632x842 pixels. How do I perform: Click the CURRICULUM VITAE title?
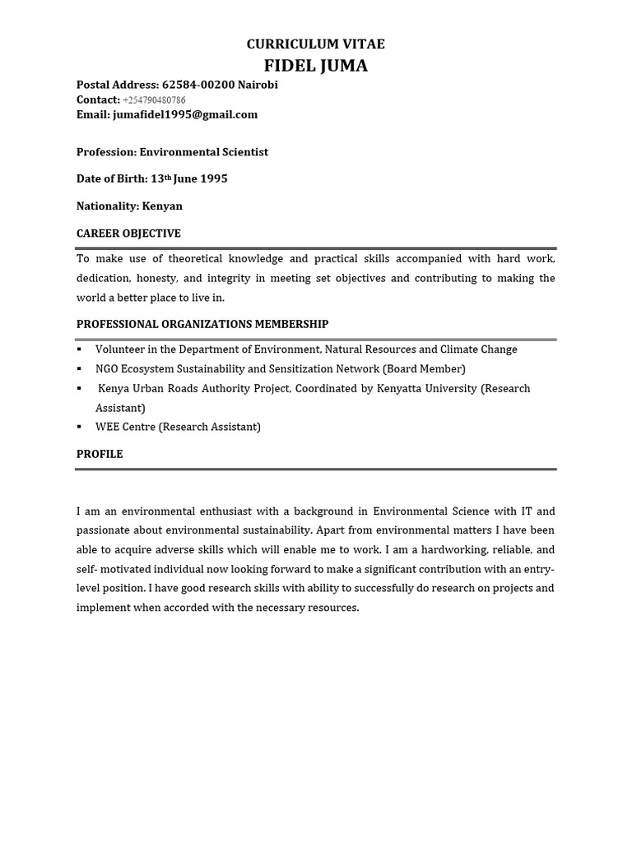click(x=315, y=44)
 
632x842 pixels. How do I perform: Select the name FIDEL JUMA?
click(x=315, y=66)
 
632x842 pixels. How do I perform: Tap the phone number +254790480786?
click(x=154, y=100)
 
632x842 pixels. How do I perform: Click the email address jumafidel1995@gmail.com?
click(x=185, y=114)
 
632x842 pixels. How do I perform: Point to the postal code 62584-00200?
click(x=198, y=85)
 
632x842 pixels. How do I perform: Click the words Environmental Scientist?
click(x=204, y=152)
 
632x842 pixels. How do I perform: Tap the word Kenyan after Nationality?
click(x=162, y=206)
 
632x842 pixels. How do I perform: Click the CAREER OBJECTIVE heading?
click(x=128, y=234)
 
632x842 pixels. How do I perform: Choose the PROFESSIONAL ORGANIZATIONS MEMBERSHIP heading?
click(x=202, y=324)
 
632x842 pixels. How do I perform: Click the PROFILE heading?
click(x=100, y=454)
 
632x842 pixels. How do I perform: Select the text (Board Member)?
click(x=424, y=369)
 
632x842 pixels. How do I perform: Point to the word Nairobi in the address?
click(x=258, y=85)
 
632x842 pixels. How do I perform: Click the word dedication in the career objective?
click(x=104, y=278)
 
